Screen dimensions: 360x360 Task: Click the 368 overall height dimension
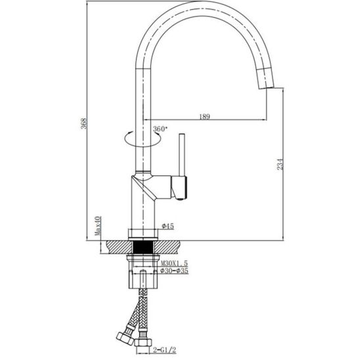pyautogui.click(x=84, y=124)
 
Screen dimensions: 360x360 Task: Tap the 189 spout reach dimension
pyautogui.click(x=204, y=117)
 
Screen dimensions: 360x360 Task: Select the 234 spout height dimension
pyautogui.click(x=280, y=164)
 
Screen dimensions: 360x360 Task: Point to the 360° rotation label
pyautogui.click(x=160, y=129)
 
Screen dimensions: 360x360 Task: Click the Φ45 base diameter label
pyautogui.click(x=168, y=226)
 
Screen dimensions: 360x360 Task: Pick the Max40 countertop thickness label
pyautogui.click(x=98, y=226)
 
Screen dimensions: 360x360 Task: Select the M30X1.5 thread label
pyautogui.click(x=174, y=263)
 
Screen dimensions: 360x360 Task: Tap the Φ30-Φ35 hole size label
pyautogui.click(x=174, y=271)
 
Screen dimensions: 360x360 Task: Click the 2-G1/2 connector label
pyautogui.click(x=165, y=350)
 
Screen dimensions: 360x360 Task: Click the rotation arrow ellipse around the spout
pyautogui.click(x=143, y=146)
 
